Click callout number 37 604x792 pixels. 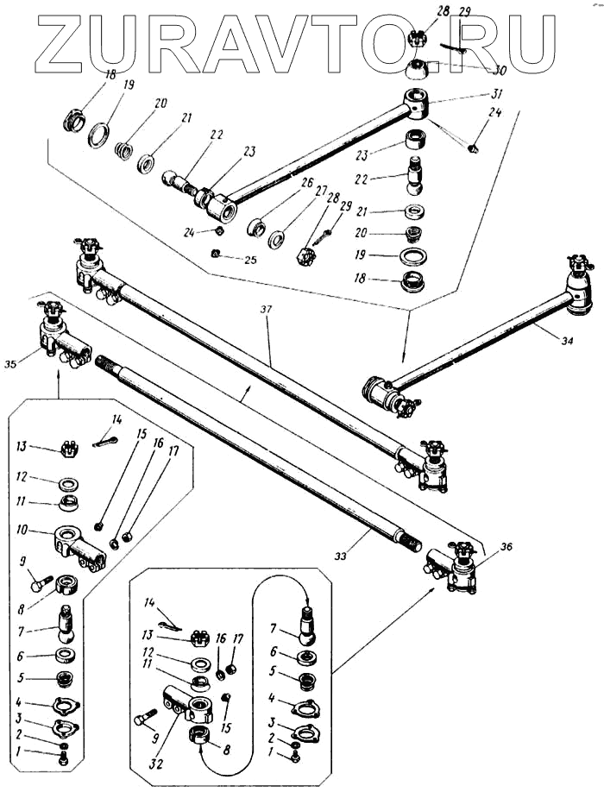point(267,310)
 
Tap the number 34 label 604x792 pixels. point(567,342)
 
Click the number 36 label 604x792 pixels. point(507,546)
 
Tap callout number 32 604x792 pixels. point(156,764)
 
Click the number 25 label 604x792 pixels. point(250,260)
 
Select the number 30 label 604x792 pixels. point(499,70)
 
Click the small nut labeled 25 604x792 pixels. point(214,253)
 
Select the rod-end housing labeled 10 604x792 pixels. point(79,548)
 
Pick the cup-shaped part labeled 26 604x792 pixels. point(256,227)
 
